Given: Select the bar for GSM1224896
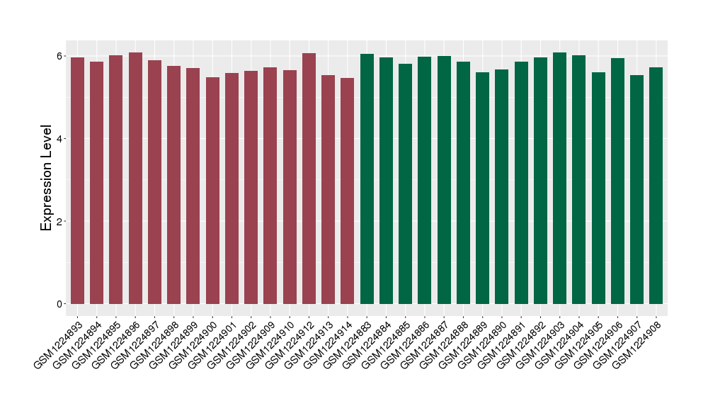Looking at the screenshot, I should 135,178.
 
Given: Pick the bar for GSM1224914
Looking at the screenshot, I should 348,191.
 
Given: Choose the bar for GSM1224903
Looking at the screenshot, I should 560,178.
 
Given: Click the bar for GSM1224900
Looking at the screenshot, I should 212,191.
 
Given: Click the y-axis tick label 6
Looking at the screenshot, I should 61,56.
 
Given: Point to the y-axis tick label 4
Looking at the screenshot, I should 61,139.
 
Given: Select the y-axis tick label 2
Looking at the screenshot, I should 61,221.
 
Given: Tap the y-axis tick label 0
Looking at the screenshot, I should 61,304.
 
